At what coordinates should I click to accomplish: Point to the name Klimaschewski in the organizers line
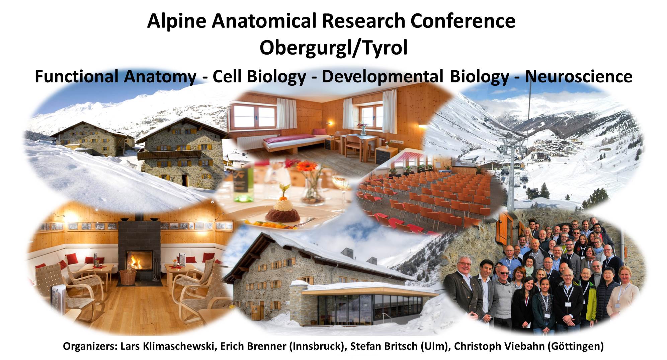[x=178, y=346]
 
